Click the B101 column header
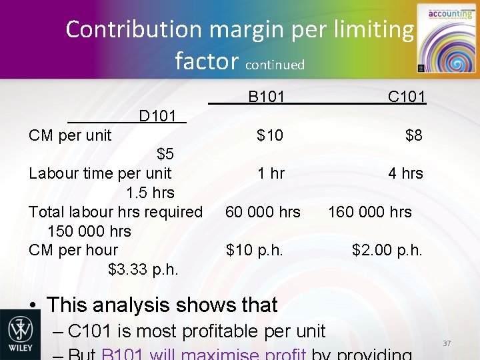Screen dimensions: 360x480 click(x=266, y=97)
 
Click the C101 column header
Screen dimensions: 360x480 click(x=406, y=97)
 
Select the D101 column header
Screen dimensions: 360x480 click(x=157, y=117)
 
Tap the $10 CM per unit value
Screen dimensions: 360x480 click(x=270, y=136)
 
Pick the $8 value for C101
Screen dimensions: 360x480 click(x=413, y=136)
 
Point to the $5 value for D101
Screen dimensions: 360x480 click(x=165, y=155)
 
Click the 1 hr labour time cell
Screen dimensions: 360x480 click(x=271, y=174)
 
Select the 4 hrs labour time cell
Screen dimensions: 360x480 click(x=405, y=174)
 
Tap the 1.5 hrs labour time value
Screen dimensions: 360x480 click(x=150, y=193)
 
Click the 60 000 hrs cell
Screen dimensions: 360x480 click(x=263, y=212)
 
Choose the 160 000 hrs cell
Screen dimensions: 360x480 click(x=369, y=212)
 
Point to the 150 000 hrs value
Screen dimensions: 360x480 click(x=89, y=231)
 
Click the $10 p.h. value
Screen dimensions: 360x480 click(x=255, y=250)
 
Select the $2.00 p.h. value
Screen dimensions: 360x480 click(x=387, y=250)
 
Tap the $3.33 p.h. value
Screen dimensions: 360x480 click(x=143, y=269)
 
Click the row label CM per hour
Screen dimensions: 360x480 click(x=73, y=250)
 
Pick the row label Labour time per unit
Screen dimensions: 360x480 click(x=100, y=174)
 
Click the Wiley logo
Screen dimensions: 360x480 click(x=20, y=334)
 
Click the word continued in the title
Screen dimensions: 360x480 click(x=275, y=65)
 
